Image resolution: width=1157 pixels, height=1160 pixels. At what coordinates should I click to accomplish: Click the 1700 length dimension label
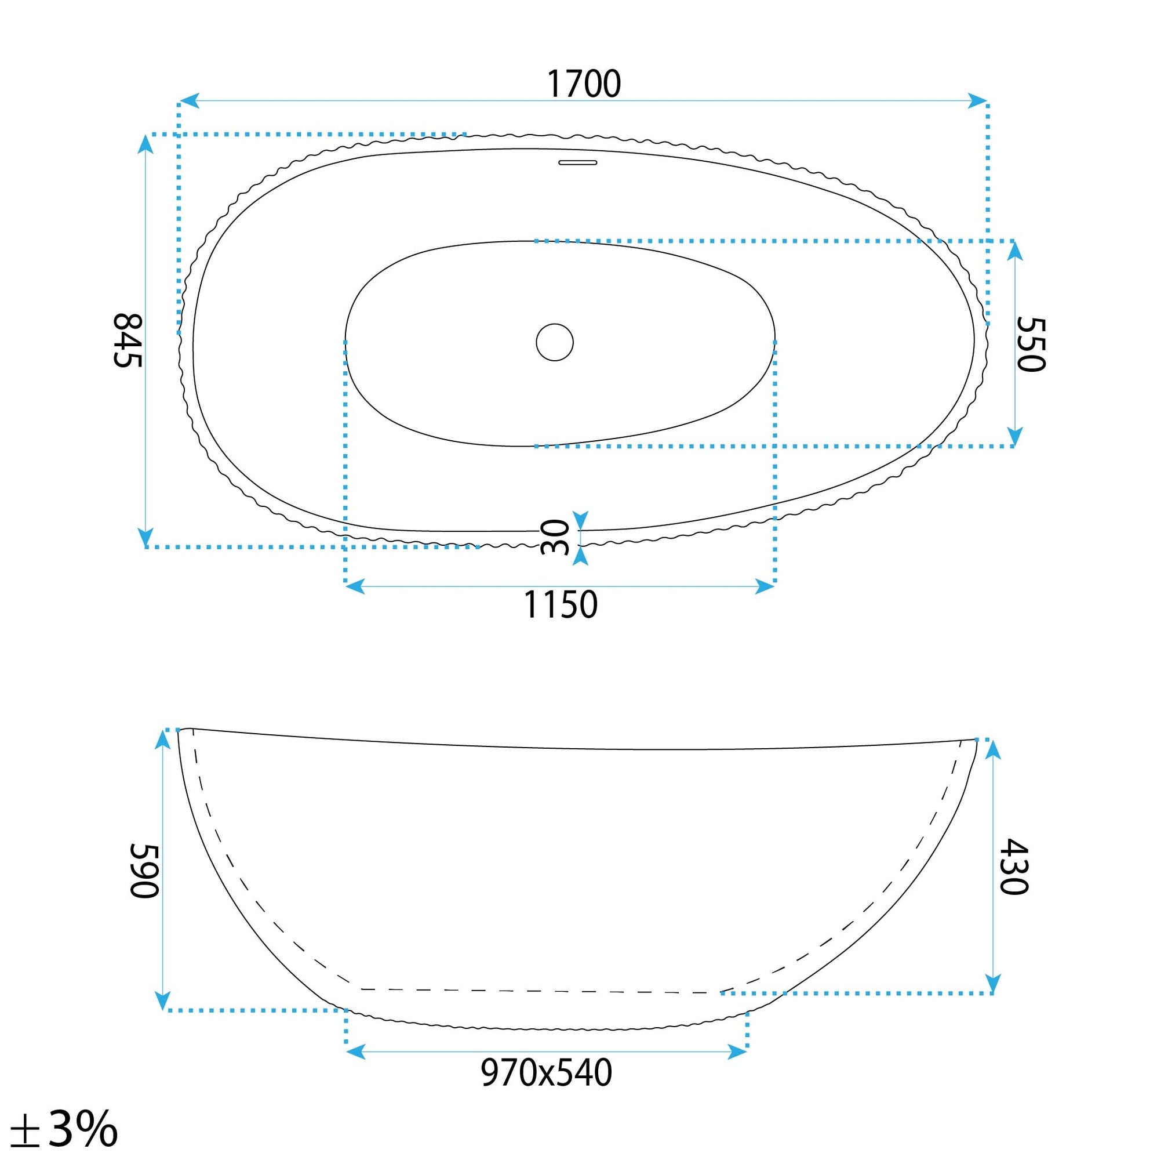583,84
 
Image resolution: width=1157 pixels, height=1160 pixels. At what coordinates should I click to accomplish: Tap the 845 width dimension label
128,340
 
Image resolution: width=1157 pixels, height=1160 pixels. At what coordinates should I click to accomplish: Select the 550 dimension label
1032,345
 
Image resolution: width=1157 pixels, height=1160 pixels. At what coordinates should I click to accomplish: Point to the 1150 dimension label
561,604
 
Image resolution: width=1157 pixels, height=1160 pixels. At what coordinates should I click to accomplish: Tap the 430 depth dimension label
1015,867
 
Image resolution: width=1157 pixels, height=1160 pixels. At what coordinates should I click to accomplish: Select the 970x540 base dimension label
546,1073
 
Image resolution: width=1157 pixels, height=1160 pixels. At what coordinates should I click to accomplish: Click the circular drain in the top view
555,342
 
